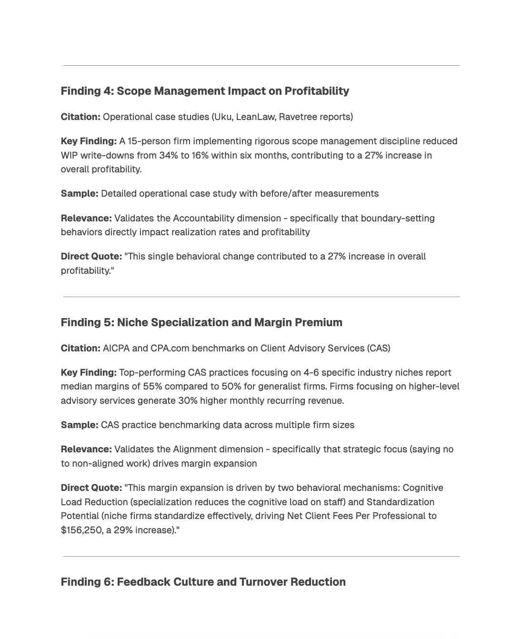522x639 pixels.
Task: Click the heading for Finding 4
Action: tap(205, 91)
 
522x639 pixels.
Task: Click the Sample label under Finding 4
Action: tap(80, 194)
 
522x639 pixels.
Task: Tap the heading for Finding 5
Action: tap(201, 322)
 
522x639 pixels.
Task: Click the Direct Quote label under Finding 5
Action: tap(91, 488)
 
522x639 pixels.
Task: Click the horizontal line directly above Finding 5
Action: tap(261, 297)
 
